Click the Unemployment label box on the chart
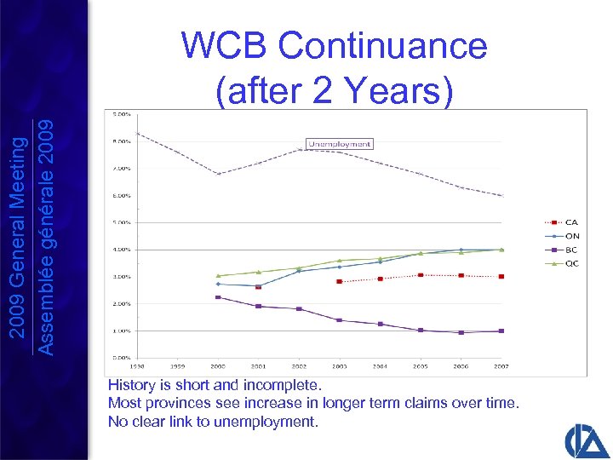click(x=340, y=144)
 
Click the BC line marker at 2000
click(x=218, y=297)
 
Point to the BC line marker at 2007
click(x=501, y=331)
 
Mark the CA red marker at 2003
click(x=339, y=281)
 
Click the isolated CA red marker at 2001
click(x=258, y=287)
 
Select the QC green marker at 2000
click(x=218, y=276)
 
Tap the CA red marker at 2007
click(x=501, y=276)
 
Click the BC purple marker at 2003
click(x=339, y=320)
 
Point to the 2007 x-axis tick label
click(x=501, y=366)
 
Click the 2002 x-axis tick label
click(x=299, y=366)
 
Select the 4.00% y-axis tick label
click(x=123, y=250)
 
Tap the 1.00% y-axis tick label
click(x=123, y=331)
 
